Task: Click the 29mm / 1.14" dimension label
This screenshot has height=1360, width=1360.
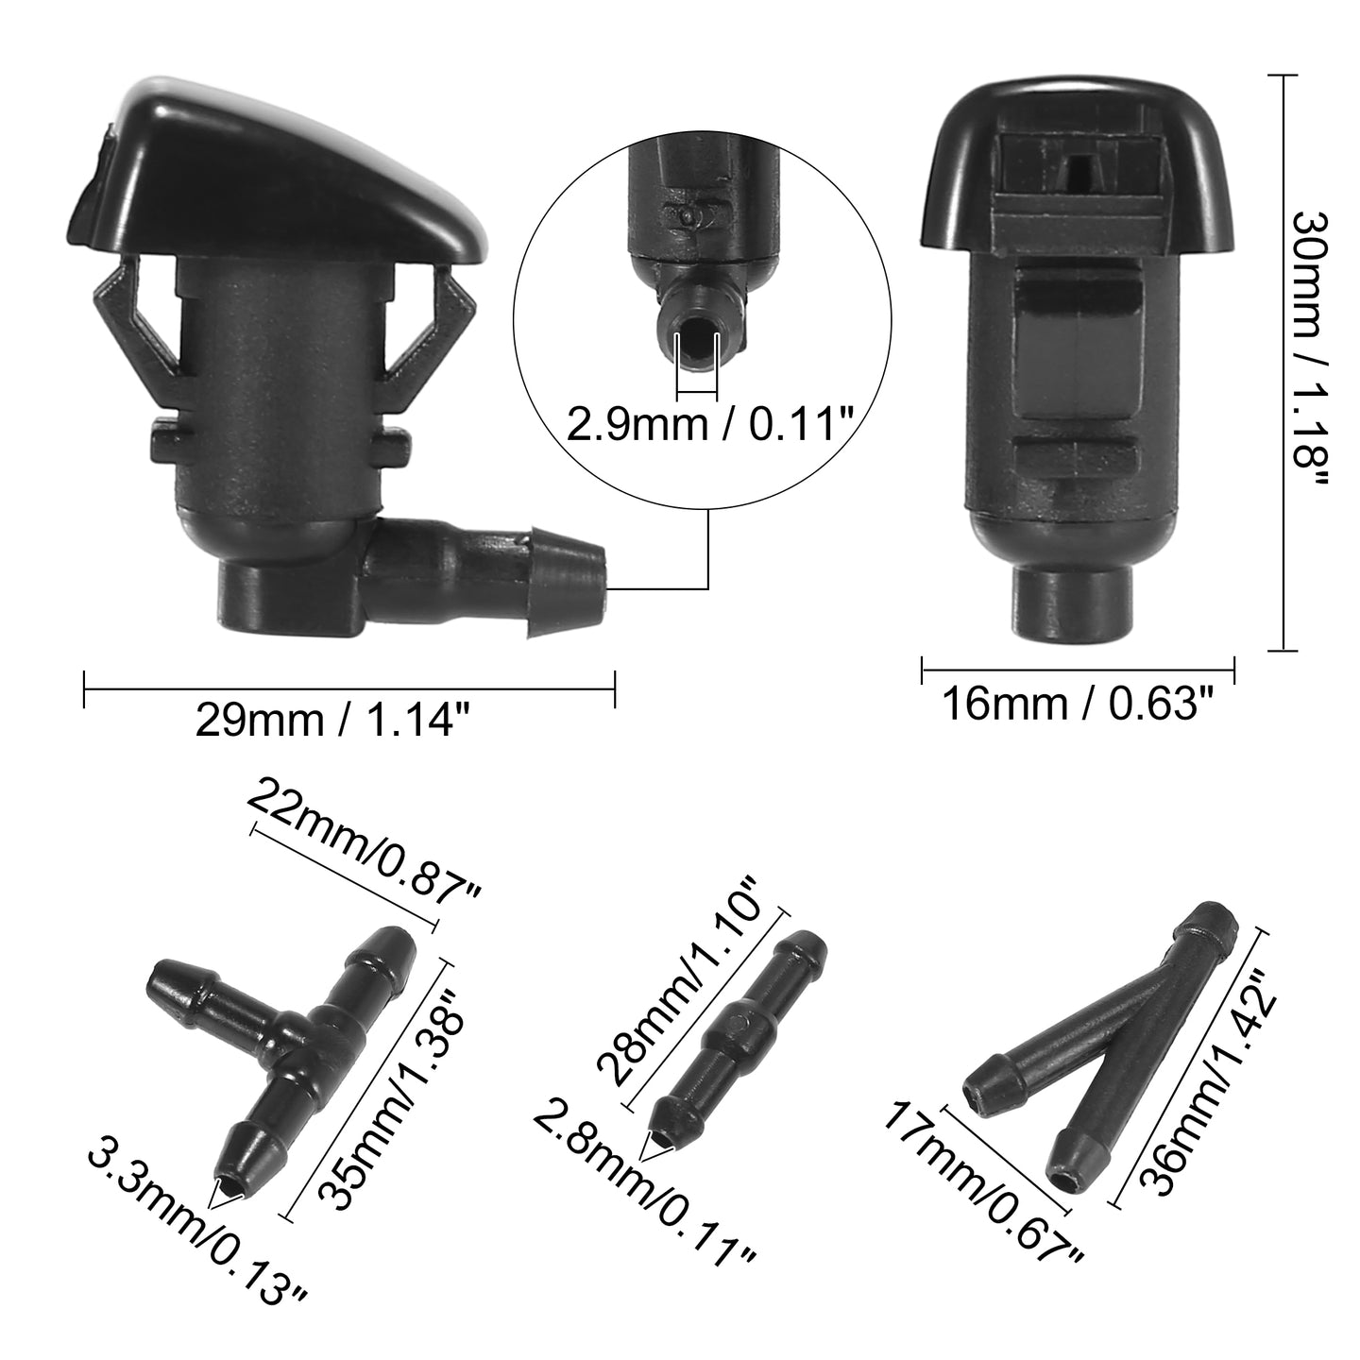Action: point(332,722)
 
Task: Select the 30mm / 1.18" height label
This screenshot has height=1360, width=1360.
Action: point(1310,349)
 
